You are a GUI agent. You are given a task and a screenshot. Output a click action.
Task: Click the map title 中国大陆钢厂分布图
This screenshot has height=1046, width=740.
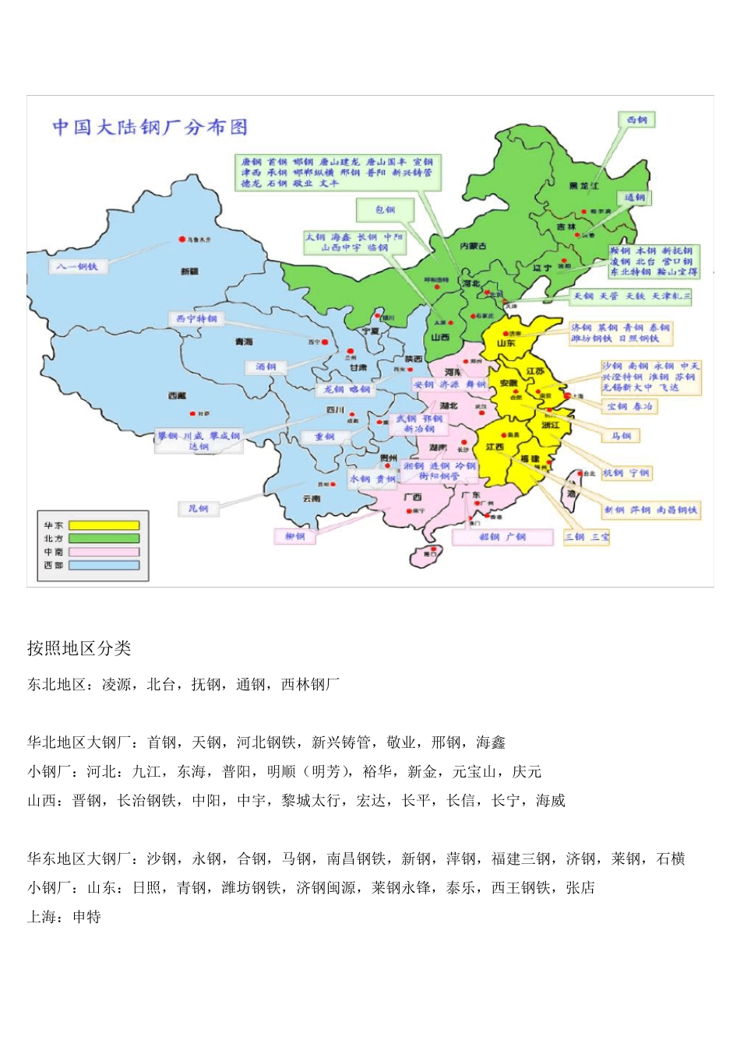click(150, 127)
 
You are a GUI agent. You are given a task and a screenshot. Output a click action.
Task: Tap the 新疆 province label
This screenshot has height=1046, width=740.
click(189, 272)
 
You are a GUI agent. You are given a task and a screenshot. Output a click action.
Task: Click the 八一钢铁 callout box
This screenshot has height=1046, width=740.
click(77, 266)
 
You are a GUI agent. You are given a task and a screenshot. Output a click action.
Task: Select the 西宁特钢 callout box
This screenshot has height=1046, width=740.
click(196, 318)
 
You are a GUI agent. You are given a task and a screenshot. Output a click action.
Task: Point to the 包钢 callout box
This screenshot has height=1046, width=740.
click(385, 209)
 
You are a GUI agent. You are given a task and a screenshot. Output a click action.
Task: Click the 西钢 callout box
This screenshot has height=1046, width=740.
click(636, 120)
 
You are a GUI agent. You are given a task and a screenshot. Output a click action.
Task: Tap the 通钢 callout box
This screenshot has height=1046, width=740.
click(634, 198)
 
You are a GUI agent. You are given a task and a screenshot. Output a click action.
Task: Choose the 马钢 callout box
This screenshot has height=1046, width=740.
click(621, 436)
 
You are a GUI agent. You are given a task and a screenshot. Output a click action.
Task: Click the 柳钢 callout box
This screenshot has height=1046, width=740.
click(295, 536)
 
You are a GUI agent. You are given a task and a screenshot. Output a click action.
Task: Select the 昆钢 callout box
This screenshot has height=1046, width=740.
click(198, 509)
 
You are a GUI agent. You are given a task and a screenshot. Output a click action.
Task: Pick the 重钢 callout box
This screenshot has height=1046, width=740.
click(324, 437)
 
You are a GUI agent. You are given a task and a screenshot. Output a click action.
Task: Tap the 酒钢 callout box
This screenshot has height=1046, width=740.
click(266, 367)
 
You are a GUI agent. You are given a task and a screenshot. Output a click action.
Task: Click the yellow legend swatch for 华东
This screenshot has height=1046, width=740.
click(104, 525)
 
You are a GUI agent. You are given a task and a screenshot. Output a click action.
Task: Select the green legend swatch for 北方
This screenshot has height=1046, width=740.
click(104, 539)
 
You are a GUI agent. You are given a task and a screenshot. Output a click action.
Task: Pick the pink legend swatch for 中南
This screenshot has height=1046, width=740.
click(104, 552)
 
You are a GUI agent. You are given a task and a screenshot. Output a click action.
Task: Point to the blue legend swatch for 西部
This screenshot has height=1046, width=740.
click(104, 565)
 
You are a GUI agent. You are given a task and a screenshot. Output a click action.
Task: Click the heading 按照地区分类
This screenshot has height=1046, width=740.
click(79, 648)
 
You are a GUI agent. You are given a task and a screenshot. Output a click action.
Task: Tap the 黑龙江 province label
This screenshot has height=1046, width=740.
click(583, 186)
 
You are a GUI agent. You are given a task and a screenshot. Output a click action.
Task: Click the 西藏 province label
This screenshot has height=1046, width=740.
click(177, 396)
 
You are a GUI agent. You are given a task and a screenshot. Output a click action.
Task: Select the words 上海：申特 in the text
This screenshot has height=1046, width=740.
click(64, 917)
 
